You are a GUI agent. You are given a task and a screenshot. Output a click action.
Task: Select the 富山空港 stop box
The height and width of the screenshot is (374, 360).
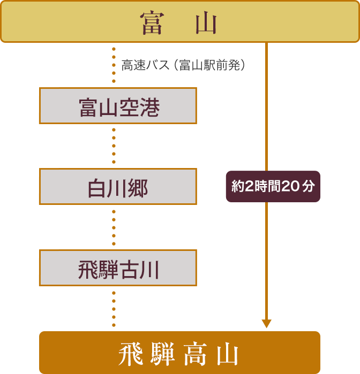118,106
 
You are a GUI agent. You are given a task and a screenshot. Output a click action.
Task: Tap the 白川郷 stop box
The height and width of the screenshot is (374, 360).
118,187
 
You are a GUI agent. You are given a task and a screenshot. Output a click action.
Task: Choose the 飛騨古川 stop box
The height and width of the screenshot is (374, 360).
118,268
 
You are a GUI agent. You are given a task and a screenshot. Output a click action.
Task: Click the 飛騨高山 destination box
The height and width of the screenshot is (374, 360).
179,353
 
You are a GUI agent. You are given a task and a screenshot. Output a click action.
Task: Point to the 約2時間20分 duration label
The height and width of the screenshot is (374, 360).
273,187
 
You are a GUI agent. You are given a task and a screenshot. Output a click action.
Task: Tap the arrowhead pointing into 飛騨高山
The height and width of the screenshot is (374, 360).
266,324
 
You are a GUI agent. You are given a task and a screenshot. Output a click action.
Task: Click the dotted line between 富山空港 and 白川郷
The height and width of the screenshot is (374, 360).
114,146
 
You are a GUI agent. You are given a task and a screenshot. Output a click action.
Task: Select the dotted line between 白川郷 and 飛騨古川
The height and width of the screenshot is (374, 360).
114,227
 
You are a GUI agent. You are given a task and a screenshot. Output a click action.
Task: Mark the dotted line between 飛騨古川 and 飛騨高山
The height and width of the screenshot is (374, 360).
114,308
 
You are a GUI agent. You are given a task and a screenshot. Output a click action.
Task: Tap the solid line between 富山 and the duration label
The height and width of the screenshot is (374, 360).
266,107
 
